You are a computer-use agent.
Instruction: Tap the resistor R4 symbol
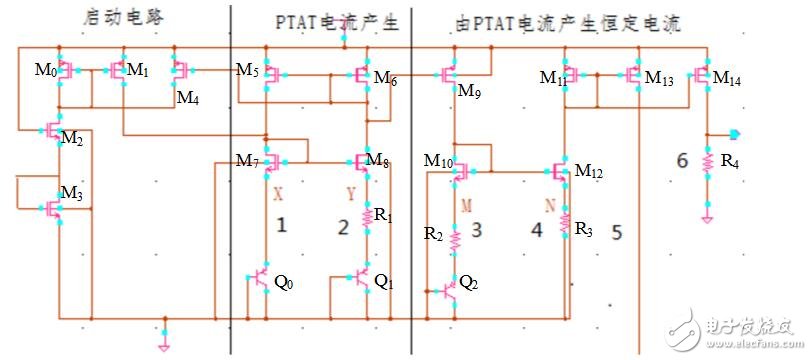coord(708,159)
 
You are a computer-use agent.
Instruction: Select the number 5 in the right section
coord(616,232)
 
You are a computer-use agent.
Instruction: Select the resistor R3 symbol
coord(565,223)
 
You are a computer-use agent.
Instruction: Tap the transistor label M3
coord(70,191)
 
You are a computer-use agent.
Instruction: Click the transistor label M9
coord(469,91)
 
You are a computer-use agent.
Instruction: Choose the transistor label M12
coord(589,172)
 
